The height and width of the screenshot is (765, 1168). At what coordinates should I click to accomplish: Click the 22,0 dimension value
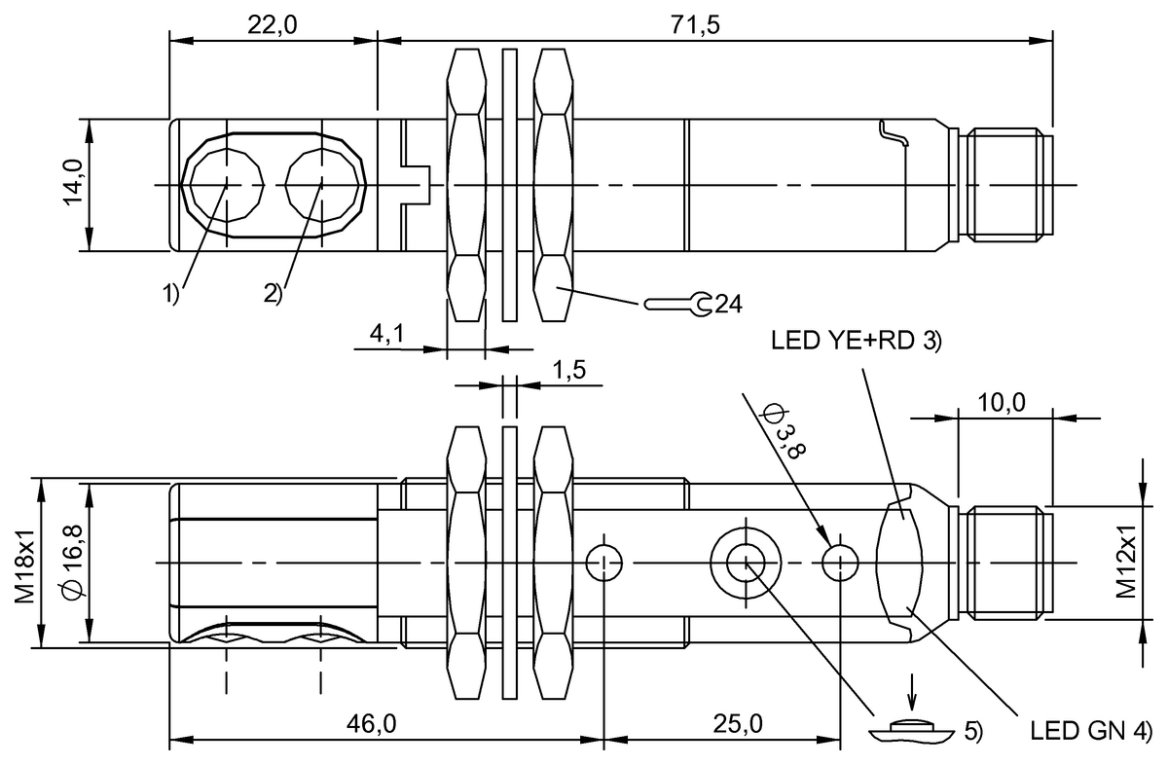tap(273, 25)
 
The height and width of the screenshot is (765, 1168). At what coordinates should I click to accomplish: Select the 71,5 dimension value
tap(695, 25)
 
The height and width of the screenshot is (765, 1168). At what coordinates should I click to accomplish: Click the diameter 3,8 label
tap(785, 430)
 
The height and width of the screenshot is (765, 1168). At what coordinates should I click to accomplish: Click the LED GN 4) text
tap(1090, 729)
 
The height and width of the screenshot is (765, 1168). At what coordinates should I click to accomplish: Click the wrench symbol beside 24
tap(677, 305)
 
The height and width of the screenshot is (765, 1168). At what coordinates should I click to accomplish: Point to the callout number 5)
tap(973, 729)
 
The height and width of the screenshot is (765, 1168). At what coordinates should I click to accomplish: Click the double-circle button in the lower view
tap(745, 562)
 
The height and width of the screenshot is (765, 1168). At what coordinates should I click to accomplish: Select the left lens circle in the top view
tap(227, 184)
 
